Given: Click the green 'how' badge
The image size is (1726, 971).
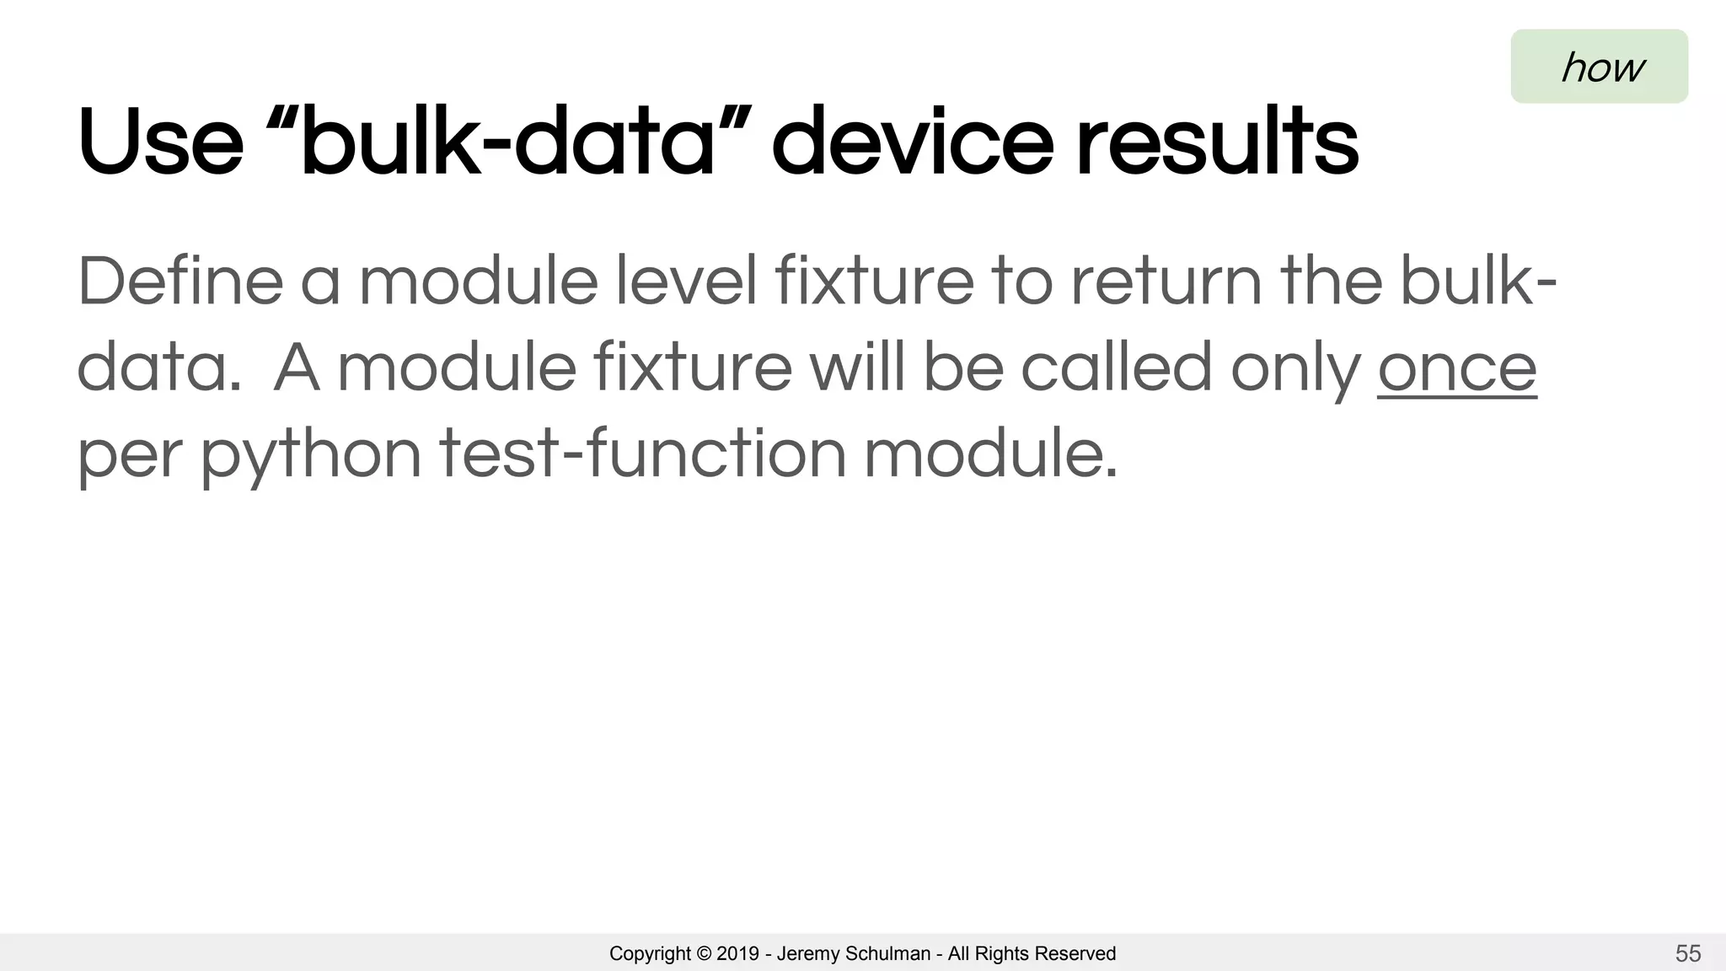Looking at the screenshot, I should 1599,67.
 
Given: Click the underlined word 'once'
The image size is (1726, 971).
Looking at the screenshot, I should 1457,367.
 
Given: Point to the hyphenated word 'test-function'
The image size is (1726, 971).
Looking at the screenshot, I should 643,453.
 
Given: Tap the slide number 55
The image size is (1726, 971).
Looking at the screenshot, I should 1687,953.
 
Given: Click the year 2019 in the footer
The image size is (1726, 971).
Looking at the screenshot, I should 737,953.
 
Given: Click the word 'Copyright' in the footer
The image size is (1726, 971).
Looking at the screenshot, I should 650,953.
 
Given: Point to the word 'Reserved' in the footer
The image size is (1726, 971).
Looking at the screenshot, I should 1075,953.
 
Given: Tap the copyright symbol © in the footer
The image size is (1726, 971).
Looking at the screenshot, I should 705,953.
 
